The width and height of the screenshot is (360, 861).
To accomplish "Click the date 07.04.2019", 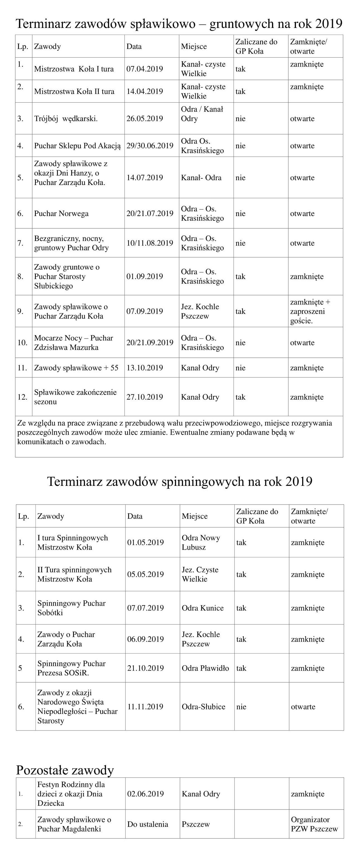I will coord(145,69).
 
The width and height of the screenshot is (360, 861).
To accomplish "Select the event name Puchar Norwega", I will coord(61,213).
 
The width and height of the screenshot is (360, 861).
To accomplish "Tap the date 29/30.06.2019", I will coord(150,145).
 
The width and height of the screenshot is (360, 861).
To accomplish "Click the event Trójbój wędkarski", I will coord(66,118).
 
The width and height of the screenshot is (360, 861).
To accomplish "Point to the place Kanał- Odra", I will coord(201,178).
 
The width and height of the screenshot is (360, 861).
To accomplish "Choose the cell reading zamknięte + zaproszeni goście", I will coord(310,311).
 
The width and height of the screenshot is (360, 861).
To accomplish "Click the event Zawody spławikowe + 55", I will coord(76,368).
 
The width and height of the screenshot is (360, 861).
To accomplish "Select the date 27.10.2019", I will coord(145,397).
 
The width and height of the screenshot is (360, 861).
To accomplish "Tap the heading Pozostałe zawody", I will coord(65,770).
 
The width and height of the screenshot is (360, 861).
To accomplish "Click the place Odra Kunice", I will coord(203,608).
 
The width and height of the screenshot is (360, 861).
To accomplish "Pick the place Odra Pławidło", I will coord(205,668).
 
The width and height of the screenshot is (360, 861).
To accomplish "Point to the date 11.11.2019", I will coord(145,707).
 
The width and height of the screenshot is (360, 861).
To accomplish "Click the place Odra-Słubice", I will coord(203,707).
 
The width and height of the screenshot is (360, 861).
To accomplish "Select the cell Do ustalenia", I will coord(147,824).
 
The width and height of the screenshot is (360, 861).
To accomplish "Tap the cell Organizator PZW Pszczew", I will coord(314,824).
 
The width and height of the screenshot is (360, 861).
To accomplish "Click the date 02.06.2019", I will coord(145,794).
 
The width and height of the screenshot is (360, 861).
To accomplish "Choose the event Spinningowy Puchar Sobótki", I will coord(71,608).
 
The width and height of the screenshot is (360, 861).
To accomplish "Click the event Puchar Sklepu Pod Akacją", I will coord(77,145).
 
